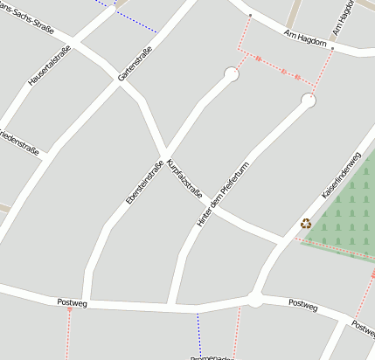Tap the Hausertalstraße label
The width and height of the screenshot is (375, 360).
click(49, 65)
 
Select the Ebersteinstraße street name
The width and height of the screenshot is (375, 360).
click(145, 183)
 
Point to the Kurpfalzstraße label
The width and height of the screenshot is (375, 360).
click(184, 177)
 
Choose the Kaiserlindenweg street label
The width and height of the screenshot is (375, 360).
click(341, 174)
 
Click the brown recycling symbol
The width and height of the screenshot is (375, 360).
click(306, 223)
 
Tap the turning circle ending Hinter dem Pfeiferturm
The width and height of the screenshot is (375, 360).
click(308, 101)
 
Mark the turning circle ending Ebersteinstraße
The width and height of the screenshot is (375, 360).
click(232, 75)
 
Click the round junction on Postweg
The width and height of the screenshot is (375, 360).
click(254, 300)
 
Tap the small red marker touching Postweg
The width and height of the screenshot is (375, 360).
click(70, 309)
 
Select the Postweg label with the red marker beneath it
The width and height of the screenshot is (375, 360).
click(72, 301)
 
